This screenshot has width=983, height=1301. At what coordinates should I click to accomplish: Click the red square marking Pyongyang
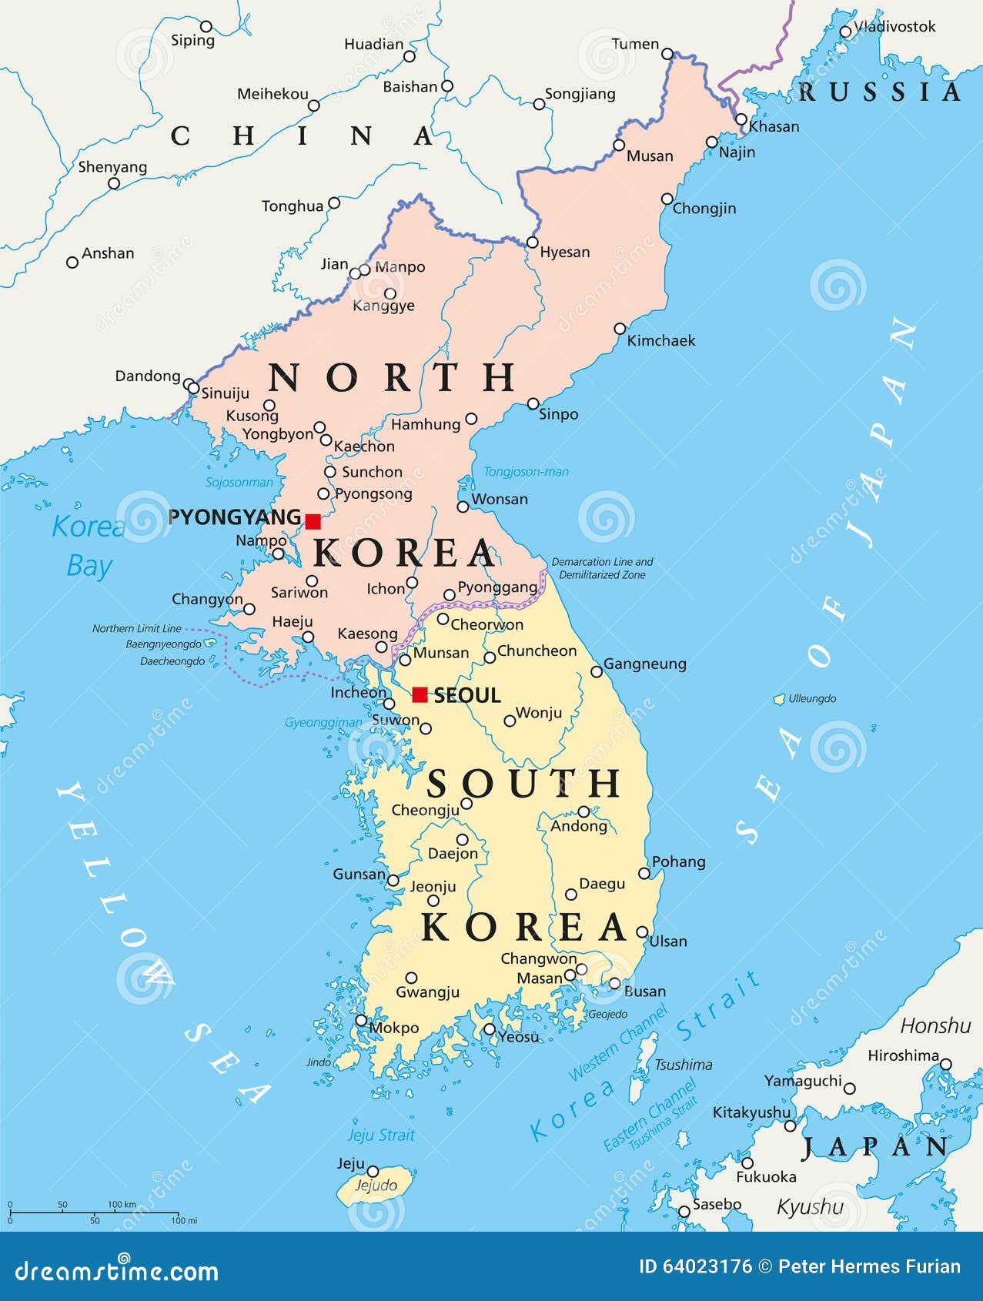coord(313,521)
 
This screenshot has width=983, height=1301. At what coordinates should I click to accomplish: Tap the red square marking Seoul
coord(420,694)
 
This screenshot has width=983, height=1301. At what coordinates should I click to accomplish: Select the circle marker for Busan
coord(614,983)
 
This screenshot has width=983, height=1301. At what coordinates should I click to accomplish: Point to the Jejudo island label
coord(376,1186)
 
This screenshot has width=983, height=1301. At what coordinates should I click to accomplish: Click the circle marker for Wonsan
coord(463,507)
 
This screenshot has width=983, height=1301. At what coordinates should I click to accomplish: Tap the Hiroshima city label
coord(903,1055)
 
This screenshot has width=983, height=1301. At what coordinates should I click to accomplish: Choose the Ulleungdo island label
coord(812,698)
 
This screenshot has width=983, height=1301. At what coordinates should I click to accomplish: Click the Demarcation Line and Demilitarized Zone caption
coord(602,568)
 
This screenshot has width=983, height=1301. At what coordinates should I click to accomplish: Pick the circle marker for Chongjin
coord(667,199)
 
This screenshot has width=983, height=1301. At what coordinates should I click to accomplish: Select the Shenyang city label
coord(112,167)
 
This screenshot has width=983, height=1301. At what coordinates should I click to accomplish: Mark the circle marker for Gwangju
coord(411,978)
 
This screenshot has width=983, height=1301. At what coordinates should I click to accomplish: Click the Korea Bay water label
coord(88,546)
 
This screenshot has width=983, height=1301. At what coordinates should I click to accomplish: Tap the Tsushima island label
coord(683,1065)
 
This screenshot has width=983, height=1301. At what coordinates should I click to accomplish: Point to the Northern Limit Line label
coord(137,628)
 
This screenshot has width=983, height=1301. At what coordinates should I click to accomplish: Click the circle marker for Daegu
coord(571,895)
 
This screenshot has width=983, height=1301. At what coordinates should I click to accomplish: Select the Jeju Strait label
coord(381,1135)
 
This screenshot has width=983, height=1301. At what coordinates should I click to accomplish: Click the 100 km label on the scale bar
coord(122,1204)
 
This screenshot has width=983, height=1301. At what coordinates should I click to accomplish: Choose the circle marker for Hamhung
coord(471,419)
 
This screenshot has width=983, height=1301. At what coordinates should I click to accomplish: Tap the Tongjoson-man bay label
coord(526,472)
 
